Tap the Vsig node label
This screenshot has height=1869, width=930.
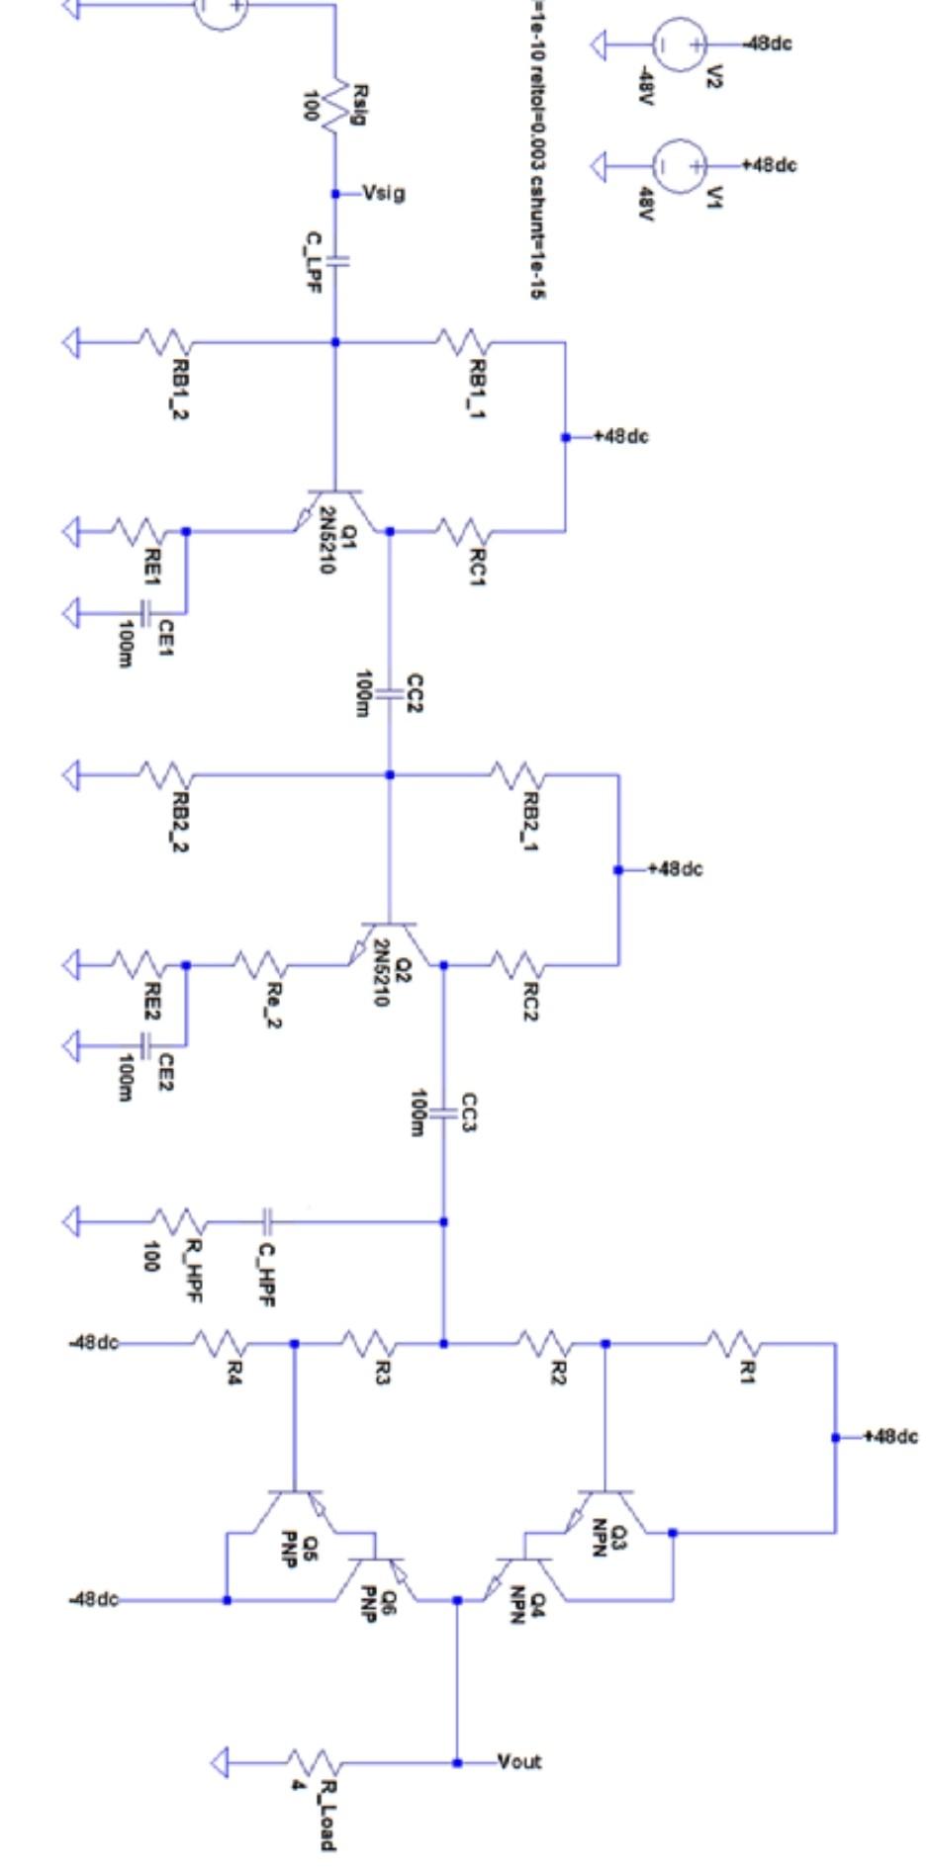(383, 193)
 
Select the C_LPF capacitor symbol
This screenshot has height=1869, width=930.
(335, 262)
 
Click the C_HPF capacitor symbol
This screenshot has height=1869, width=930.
(266, 1222)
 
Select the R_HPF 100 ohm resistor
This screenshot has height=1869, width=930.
(178, 1222)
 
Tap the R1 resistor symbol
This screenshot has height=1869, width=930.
(733, 1343)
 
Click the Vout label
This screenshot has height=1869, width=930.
(519, 1761)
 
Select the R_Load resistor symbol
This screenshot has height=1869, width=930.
(315, 1762)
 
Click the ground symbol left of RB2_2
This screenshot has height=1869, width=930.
(71, 774)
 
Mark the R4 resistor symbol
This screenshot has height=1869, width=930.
(219, 1343)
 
